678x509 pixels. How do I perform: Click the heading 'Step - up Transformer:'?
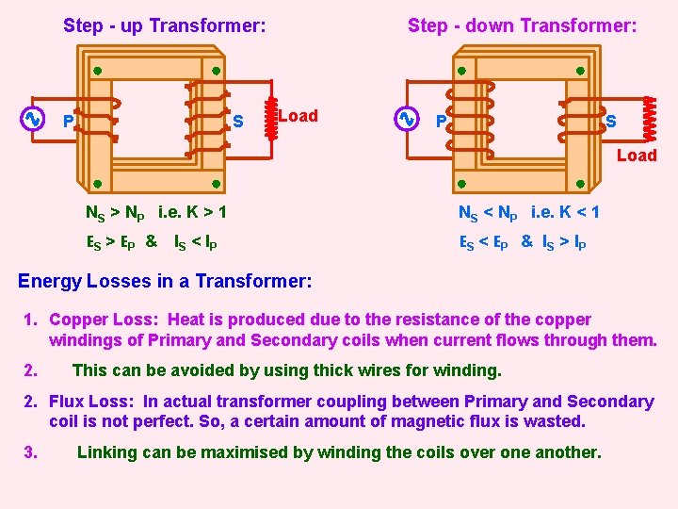click(164, 25)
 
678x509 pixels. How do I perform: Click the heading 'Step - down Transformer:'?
click(522, 25)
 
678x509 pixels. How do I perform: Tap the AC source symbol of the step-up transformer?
click(31, 119)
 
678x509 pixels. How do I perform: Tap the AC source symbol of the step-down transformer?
click(406, 119)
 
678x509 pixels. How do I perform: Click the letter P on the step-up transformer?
click(68, 122)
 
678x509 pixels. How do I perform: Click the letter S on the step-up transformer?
click(238, 122)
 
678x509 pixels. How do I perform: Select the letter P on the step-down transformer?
click(441, 122)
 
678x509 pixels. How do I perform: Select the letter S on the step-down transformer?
click(611, 121)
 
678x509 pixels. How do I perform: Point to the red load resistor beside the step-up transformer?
click(271, 116)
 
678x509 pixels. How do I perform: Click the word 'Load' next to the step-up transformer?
click(299, 116)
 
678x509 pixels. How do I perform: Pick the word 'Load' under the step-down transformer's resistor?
click(637, 156)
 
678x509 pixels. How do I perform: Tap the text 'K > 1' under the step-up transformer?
click(206, 212)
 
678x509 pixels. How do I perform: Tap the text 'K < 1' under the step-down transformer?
click(579, 212)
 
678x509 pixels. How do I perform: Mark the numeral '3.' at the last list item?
click(31, 452)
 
